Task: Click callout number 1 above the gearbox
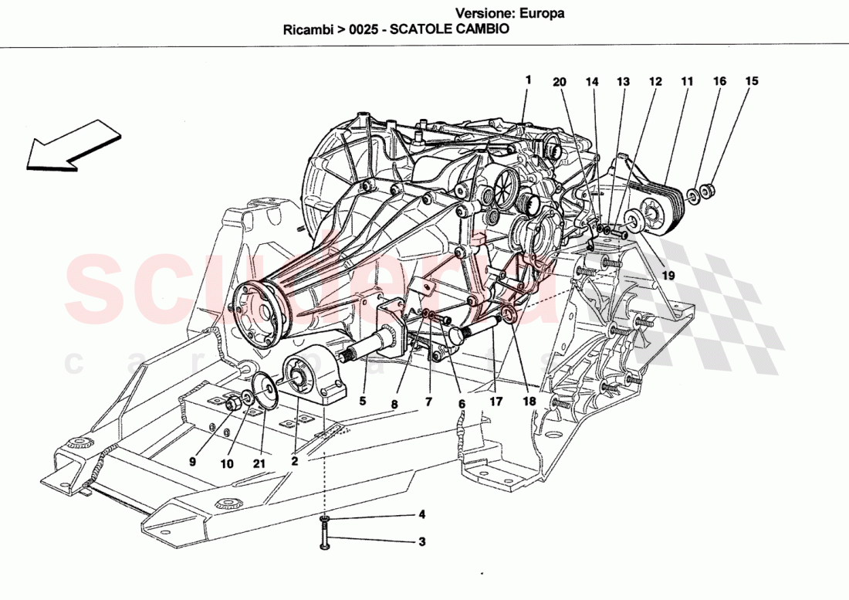click(529, 80)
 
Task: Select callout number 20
click(560, 81)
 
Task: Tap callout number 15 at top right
click(752, 80)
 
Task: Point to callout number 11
click(687, 81)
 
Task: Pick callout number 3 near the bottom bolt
click(421, 541)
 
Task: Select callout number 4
click(421, 514)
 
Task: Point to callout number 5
click(362, 401)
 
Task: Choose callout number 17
click(495, 401)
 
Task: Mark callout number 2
click(294, 459)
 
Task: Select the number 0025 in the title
click(367, 30)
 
